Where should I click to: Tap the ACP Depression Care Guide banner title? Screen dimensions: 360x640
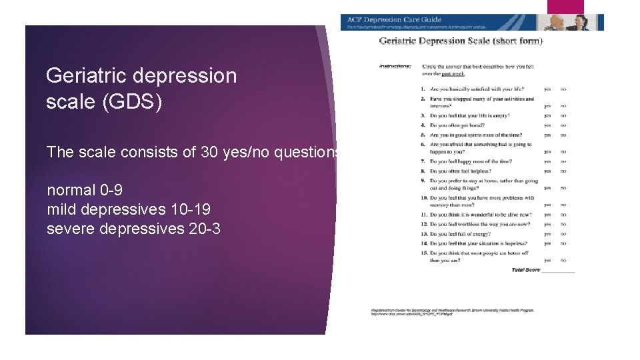(394, 20)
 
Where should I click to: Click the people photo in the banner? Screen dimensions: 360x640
(571, 22)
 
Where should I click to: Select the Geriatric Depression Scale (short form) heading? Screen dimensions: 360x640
(461, 41)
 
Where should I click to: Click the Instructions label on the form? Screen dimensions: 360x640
(395, 66)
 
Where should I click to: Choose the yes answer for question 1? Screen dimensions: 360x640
(547, 89)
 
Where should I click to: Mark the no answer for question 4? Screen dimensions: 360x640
(563, 125)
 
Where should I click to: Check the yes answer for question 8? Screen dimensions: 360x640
(547, 171)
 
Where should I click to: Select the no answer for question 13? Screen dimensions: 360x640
(563, 234)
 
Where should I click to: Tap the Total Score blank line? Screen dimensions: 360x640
(558, 271)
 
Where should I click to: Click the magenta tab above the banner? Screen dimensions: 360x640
(565, 7)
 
